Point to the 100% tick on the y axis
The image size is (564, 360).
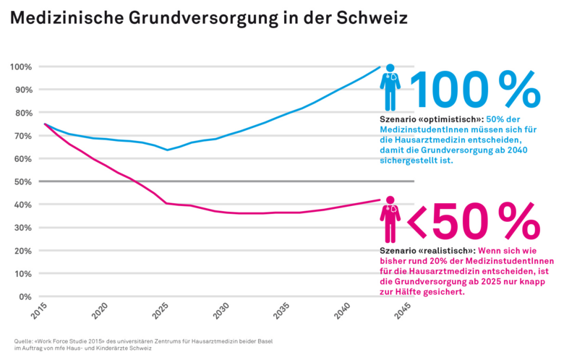click(20, 67)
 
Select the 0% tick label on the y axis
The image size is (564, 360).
click(25, 296)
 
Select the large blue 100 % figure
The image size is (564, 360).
click(475, 90)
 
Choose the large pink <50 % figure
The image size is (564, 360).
click(474, 221)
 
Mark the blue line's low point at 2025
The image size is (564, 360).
click(168, 150)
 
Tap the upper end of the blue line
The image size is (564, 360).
click(380, 67)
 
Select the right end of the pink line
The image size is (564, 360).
click(380, 200)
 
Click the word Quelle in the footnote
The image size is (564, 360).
click(25, 341)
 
